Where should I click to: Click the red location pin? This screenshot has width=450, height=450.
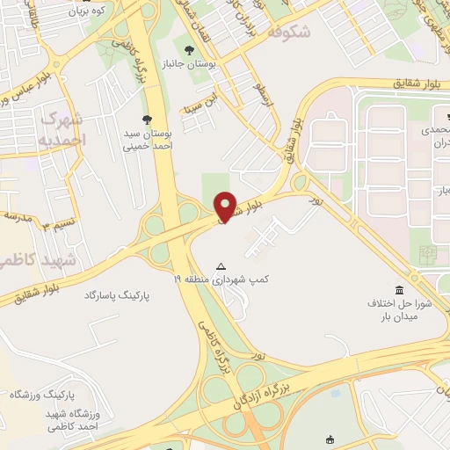pos(226,206)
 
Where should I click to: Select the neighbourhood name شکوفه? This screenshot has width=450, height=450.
pos(287,33)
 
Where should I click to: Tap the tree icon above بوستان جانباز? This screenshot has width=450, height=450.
pos(191,49)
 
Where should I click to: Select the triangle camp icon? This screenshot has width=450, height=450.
pos(221,265)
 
